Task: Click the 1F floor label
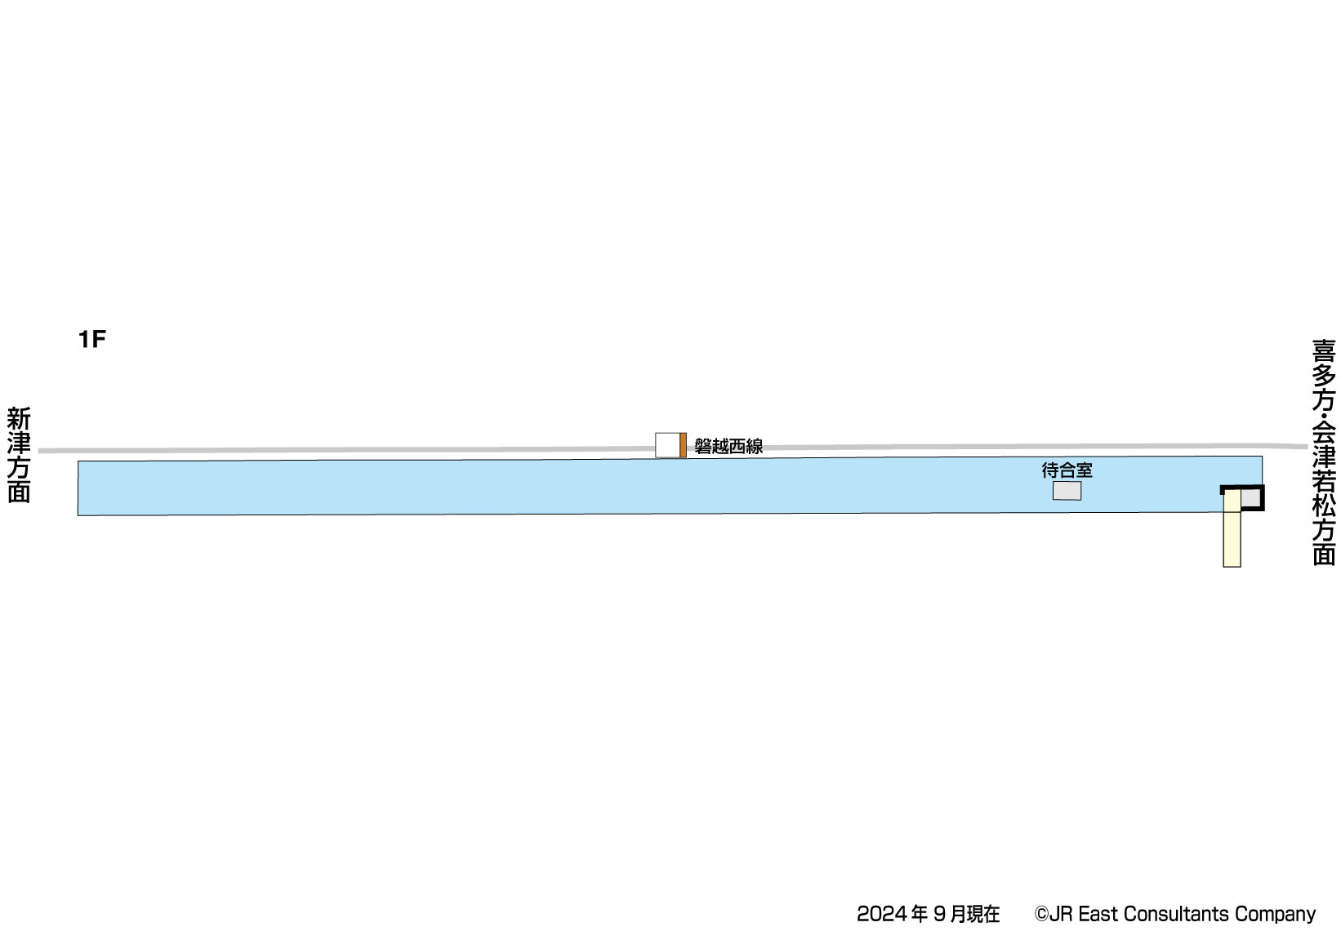point(92,339)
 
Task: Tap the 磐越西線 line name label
point(728,446)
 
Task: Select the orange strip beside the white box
point(683,445)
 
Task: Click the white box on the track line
point(667,445)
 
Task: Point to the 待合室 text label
point(1067,470)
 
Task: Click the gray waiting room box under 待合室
point(1067,491)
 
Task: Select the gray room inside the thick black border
point(1250,497)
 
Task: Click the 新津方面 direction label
point(19,455)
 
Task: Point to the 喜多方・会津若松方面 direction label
point(1324,452)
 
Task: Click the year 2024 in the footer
point(881,914)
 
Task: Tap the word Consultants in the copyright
point(1177,914)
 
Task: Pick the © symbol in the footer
point(1041,914)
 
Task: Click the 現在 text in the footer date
point(983,914)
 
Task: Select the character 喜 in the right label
point(1324,351)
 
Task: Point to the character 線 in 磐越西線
point(755,446)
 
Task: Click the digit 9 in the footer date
point(938,914)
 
